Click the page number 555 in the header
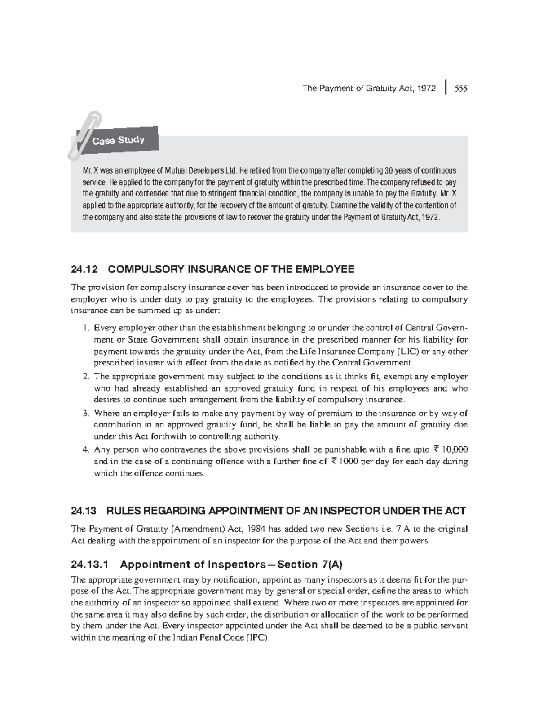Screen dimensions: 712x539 (460, 89)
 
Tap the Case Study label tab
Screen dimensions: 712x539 (119, 140)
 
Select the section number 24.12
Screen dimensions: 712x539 (84, 269)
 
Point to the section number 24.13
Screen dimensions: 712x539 (84, 511)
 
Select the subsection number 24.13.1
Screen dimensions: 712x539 (89, 565)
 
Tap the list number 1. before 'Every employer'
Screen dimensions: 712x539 (86, 328)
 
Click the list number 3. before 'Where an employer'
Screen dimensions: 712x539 (86, 414)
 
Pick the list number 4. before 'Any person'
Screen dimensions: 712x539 (86, 450)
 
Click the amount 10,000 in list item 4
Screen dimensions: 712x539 (455, 450)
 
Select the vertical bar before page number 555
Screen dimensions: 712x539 (446, 88)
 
